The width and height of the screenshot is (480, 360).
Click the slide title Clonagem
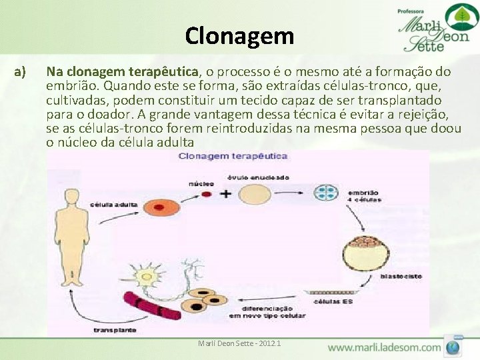(x=239, y=35)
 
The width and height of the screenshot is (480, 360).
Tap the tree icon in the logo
(x=457, y=17)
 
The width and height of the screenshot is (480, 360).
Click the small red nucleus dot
(x=207, y=194)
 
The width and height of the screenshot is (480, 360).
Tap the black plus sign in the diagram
(x=226, y=194)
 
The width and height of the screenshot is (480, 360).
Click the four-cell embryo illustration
(x=327, y=193)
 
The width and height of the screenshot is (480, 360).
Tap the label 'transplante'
(x=110, y=329)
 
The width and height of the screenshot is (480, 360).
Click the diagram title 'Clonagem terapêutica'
(x=232, y=156)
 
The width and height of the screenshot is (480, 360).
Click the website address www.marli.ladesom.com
(x=384, y=347)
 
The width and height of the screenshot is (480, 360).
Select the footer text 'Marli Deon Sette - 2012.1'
(x=239, y=343)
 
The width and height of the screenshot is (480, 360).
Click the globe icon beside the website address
(x=455, y=347)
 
